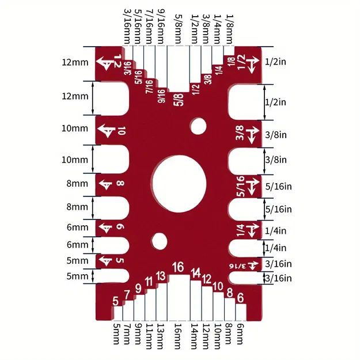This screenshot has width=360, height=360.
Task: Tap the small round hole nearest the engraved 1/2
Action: coord(199,125)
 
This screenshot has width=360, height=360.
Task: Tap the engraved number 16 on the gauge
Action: coord(178,267)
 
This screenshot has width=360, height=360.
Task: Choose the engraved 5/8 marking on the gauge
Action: coord(179,100)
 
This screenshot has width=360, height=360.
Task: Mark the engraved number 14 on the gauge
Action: coord(196,272)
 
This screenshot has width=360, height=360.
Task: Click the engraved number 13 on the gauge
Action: coord(161,275)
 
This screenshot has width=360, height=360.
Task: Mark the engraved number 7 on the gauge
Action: coord(127,294)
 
